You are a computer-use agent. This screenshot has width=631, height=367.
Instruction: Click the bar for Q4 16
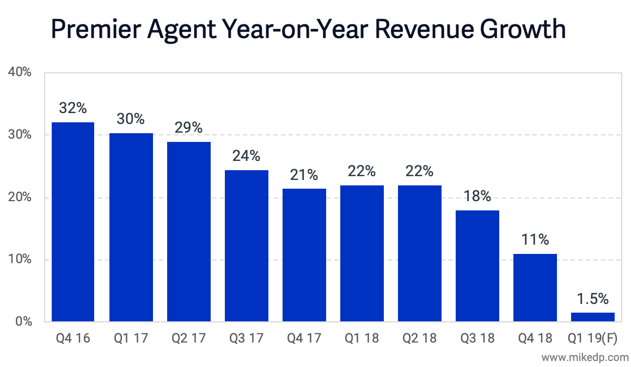[x=73, y=222]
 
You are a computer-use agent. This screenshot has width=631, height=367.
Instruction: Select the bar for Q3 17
[x=247, y=246]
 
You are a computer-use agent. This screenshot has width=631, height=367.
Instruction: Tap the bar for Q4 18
[x=535, y=288]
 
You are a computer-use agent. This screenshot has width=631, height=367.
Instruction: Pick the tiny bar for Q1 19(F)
[x=593, y=317]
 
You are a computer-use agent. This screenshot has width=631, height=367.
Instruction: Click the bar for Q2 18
[x=420, y=253]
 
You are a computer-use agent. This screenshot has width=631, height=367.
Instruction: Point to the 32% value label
[x=73, y=108]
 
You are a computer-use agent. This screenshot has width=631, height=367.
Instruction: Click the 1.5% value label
[x=593, y=299]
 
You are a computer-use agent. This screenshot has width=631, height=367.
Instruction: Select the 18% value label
[x=477, y=196]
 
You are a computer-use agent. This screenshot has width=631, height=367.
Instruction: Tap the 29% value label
[x=188, y=128]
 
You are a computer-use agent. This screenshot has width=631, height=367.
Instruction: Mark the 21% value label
[x=304, y=175]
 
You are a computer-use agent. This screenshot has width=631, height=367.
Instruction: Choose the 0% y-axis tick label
[x=22, y=322]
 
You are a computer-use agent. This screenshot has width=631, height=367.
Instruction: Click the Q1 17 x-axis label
[x=131, y=338]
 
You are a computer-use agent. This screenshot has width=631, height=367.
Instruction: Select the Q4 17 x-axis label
[x=304, y=338]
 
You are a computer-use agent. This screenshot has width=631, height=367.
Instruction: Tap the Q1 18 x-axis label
[x=362, y=338]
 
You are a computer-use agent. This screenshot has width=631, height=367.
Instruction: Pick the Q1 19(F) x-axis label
[x=593, y=338]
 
